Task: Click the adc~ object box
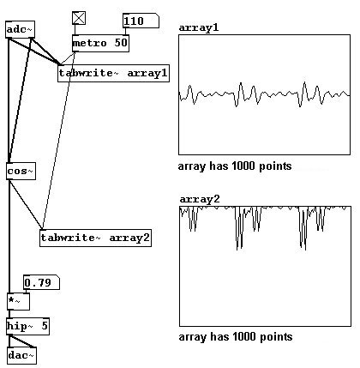[20, 29]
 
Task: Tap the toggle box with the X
[79, 18]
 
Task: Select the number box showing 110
[141, 21]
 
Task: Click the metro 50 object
[100, 43]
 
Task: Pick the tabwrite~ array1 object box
[113, 73]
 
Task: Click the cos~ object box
[21, 172]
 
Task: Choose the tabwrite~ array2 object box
[95, 238]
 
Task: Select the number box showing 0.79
[41, 283]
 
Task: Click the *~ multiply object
[18, 301]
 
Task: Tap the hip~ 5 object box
[28, 326]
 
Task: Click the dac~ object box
[21, 355]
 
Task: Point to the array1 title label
[199, 27]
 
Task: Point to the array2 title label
[200, 199]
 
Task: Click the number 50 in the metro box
[121, 43]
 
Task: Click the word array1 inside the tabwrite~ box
[147, 74]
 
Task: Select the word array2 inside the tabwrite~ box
[129, 238]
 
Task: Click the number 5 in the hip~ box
[45, 326]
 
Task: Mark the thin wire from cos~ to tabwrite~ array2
[26, 204]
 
